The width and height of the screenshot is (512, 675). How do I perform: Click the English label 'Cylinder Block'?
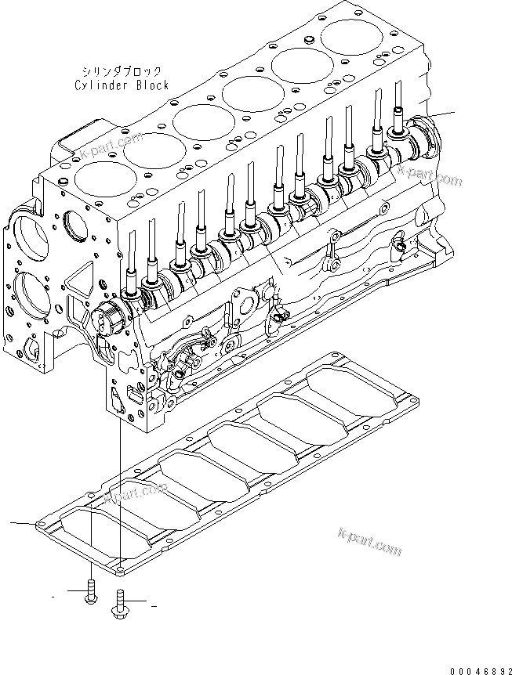tap(122, 85)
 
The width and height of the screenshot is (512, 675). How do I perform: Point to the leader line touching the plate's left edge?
tap(20, 522)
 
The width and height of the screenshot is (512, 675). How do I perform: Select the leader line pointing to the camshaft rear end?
tap(443, 115)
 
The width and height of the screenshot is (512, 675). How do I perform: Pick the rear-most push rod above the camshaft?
tap(398, 106)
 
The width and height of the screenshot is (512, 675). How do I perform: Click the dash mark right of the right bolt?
tap(154, 606)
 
